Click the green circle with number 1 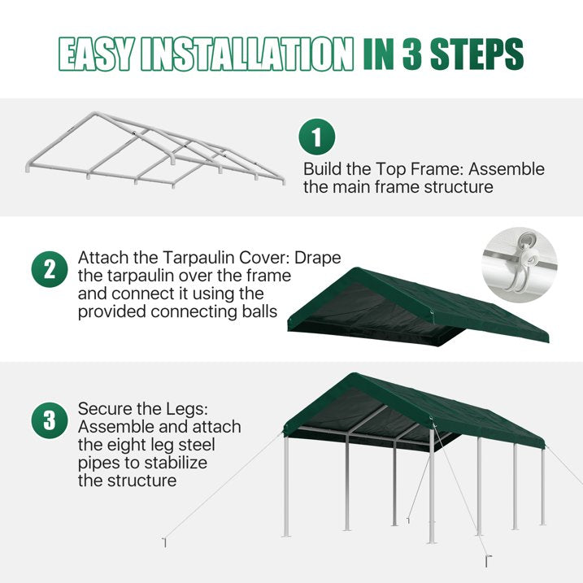tap(317, 137)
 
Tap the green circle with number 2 tap(50, 270)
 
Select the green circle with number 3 tap(50, 420)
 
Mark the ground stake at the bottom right tap(488, 561)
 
